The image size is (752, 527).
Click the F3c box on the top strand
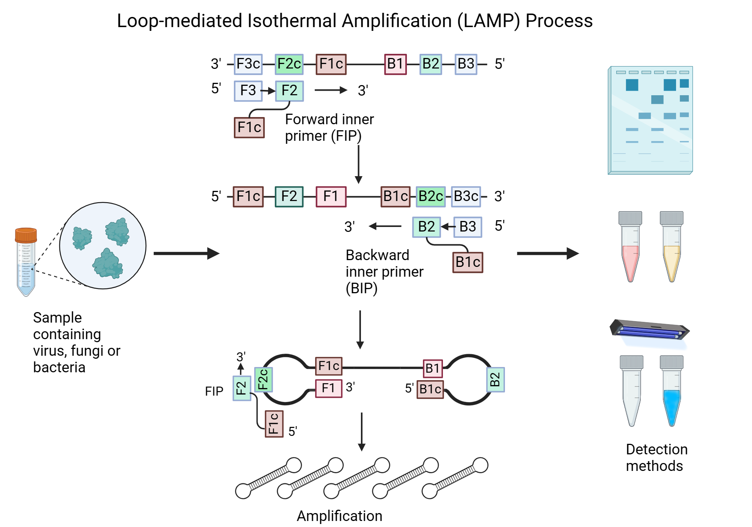248,64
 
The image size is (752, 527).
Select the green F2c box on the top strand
289,64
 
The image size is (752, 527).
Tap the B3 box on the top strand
466,64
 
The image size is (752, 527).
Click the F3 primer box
248,91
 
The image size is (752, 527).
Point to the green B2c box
431,196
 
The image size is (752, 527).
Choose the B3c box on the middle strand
466,196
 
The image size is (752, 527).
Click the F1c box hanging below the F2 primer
249,128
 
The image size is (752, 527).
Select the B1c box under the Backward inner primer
468,262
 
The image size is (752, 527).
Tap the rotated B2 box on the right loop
495,379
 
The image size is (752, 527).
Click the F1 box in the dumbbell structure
328,388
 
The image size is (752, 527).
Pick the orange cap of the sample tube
26,235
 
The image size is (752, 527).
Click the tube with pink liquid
631,248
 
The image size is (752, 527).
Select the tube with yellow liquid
672,248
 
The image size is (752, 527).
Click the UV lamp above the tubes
650,329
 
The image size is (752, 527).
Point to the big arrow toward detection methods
547,253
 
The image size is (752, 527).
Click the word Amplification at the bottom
339,516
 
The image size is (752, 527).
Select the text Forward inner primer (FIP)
329,128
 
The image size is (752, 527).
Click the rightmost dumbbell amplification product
455,478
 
